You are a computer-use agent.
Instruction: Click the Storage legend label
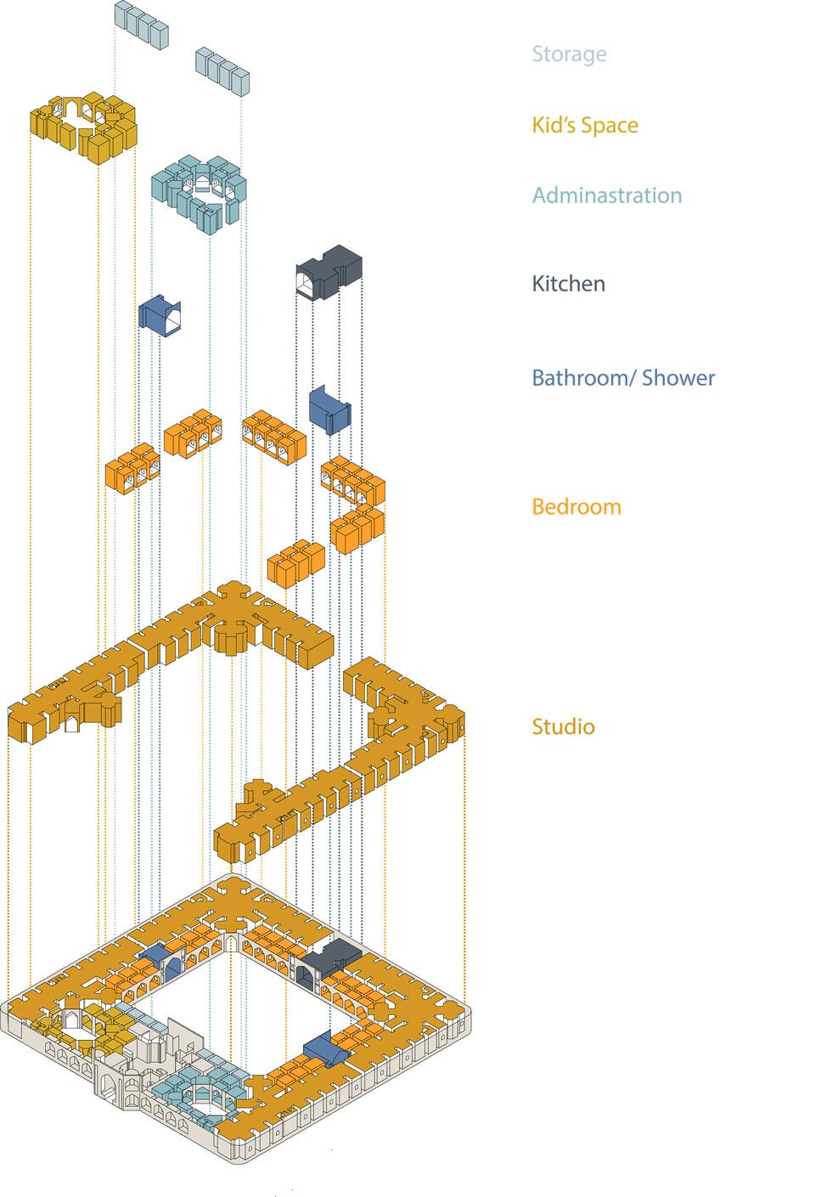tap(570, 54)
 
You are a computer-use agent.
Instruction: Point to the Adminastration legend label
tap(607, 195)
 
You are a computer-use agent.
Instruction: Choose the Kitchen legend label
tap(569, 284)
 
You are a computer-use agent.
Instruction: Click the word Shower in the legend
tap(678, 378)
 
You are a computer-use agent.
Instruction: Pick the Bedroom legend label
tap(576, 507)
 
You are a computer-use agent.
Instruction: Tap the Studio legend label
tap(564, 727)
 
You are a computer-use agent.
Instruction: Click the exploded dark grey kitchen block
tap(329, 272)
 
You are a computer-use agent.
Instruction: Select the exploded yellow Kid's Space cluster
tap(84, 126)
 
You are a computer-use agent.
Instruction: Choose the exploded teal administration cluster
tap(199, 192)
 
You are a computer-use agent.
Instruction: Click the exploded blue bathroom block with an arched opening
tap(159, 315)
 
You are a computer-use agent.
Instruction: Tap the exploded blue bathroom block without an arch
tap(329, 409)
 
